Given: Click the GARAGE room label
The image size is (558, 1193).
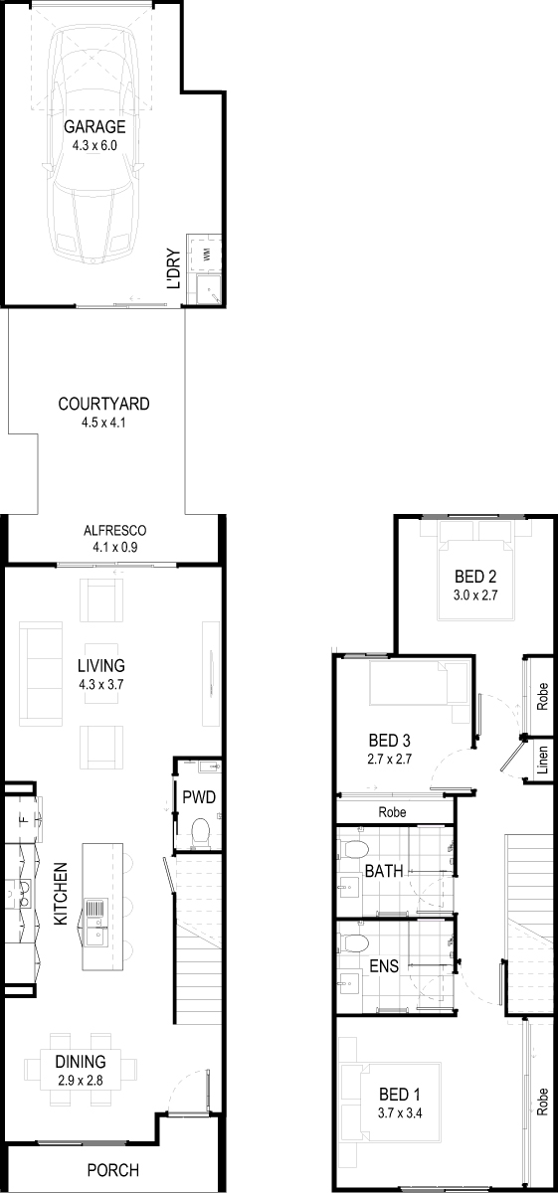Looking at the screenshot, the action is point(94,127).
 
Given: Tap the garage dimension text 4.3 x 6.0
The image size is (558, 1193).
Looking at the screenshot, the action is point(94,145).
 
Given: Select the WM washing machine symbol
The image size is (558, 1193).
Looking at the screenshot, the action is point(206,255).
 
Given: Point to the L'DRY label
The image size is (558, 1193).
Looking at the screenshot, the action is point(174,269).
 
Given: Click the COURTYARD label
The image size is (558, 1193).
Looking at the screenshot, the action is point(103,404).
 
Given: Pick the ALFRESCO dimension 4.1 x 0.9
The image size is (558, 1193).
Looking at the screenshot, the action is point(115,547).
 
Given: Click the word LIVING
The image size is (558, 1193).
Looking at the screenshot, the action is point(101,666).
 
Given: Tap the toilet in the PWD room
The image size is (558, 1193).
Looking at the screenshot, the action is point(200,833).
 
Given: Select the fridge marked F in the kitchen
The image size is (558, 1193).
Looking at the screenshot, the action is point(23,819).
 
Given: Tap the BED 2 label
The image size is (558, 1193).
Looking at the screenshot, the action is point(475,577).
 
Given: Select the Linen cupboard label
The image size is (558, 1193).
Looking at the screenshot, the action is point(542,760).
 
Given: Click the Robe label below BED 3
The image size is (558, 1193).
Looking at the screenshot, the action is point(392,812).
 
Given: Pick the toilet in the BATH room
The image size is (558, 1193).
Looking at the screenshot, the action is point(354,848).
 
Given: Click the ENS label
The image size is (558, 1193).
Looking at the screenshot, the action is point(384,966).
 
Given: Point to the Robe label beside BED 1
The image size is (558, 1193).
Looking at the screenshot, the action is point(542,1102).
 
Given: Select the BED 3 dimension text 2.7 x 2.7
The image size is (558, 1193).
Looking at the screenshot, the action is point(390,759).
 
